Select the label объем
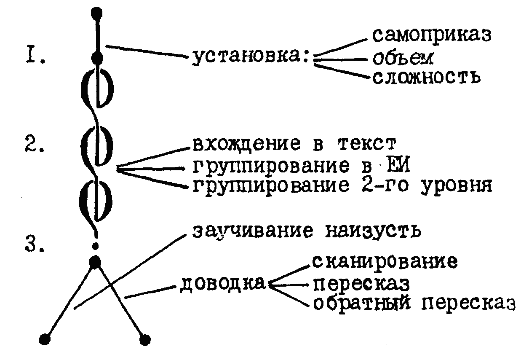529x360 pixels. (x=403, y=59)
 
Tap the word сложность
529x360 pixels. (x=427, y=77)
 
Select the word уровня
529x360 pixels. (x=456, y=186)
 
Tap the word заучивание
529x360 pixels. (x=253, y=231)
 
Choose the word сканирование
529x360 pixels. (x=385, y=262)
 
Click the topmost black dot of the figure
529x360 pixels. (x=96, y=13)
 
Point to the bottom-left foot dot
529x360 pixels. (x=45, y=339)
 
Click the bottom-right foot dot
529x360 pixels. (x=145, y=340)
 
